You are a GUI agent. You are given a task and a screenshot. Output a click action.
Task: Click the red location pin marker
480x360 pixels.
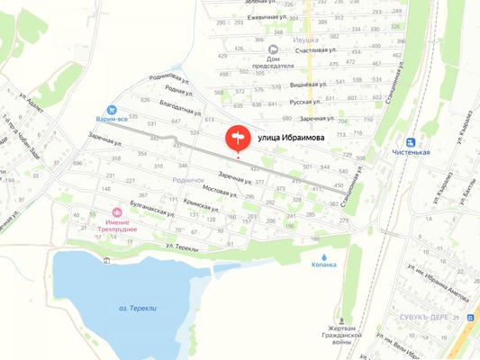tap(238, 137)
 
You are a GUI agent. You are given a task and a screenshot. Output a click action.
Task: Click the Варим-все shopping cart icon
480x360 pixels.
tap(112, 107)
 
